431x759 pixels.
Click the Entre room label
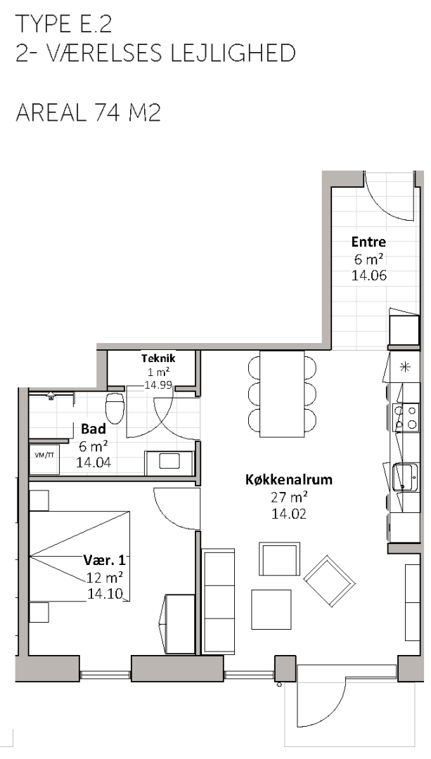[x=368, y=242]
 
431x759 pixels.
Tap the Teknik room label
[x=158, y=358]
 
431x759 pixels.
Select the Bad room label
[x=94, y=429]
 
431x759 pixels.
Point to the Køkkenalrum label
[x=289, y=480]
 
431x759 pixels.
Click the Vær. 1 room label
[x=105, y=561]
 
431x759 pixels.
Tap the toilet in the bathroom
[x=115, y=408]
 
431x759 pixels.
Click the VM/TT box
[x=44, y=460]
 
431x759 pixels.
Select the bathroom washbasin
[x=169, y=462]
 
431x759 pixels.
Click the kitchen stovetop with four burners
[x=406, y=417]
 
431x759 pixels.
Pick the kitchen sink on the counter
[x=405, y=477]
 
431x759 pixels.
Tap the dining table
[x=283, y=394]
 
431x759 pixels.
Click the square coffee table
[x=271, y=609]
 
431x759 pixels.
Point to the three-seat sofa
[x=218, y=601]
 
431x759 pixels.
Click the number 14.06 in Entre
[x=369, y=276]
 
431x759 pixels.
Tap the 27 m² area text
[x=289, y=498]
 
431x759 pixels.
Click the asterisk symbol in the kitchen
[x=404, y=366]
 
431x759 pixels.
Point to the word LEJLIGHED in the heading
[x=232, y=53]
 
